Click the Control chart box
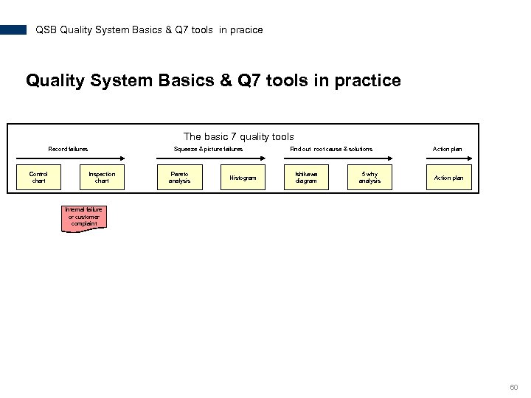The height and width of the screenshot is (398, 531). pyautogui.click(x=38, y=178)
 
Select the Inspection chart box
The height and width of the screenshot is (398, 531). pyautogui.click(x=102, y=178)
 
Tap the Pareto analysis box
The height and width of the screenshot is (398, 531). pyautogui.click(x=179, y=178)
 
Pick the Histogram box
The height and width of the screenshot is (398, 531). pyautogui.click(x=243, y=178)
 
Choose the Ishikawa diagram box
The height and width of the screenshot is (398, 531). pyautogui.click(x=306, y=178)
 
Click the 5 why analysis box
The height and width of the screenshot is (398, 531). pyautogui.click(x=369, y=178)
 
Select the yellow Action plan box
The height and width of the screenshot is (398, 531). pyautogui.click(x=448, y=178)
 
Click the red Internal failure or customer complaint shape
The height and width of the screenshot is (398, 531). pyautogui.click(x=84, y=218)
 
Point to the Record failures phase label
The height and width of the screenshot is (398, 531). pyautogui.click(x=68, y=149)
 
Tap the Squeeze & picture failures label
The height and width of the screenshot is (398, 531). pyautogui.click(x=208, y=149)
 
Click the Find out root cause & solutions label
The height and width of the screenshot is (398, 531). pyautogui.click(x=331, y=149)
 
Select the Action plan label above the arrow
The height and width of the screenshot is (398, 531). pyautogui.click(x=447, y=149)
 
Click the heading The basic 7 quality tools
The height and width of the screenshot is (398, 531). pyautogui.click(x=238, y=136)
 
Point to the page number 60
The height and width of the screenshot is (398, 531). pyautogui.click(x=514, y=387)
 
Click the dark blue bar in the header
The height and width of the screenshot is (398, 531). pyautogui.click(x=13, y=30)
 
